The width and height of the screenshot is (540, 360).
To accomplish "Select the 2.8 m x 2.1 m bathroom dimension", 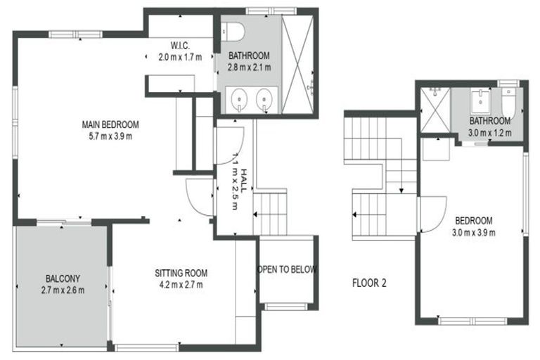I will [x=249, y=67].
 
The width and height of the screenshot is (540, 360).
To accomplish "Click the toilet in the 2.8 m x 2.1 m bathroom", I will [x=232, y=31].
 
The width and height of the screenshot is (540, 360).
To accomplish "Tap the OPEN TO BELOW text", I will [x=287, y=269].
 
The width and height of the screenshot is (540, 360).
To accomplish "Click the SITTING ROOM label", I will [x=181, y=273].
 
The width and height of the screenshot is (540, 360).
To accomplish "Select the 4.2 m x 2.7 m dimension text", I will [x=180, y=285].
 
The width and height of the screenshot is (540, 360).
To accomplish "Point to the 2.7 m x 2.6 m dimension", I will [x=62, y=289].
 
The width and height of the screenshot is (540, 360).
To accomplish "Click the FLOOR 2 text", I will [x=368, y=284].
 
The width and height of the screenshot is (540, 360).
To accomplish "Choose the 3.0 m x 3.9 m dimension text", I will [x=474, y=231].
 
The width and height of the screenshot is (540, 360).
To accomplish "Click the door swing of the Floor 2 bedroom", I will [x=430, y=214].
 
